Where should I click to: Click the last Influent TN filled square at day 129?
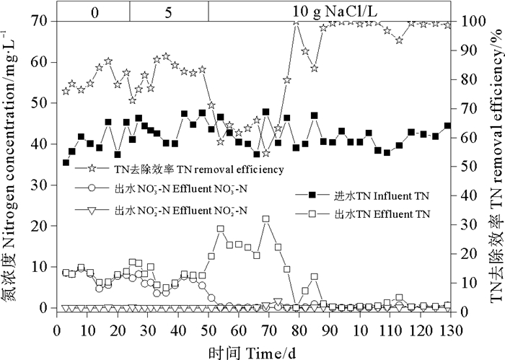click(447, 126)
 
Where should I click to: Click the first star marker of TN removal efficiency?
click(66, 91)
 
